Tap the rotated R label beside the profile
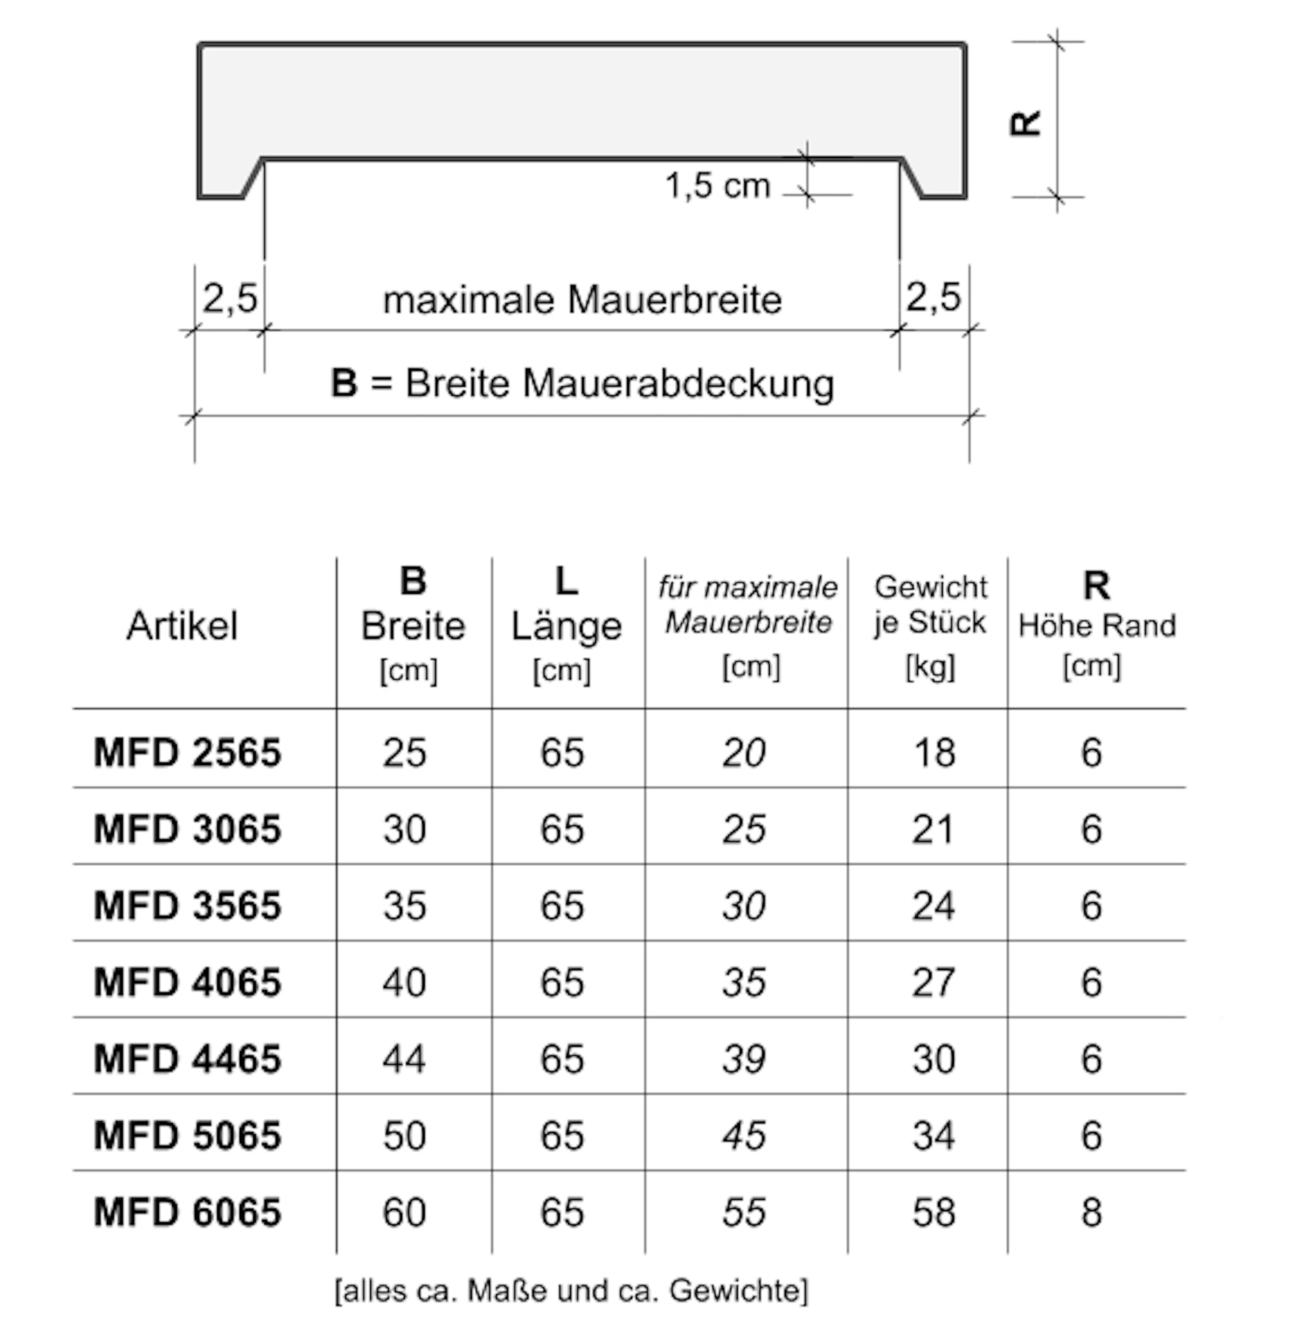(x=1025, y=123)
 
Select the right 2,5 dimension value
(x=933, y=297)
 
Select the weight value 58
(x=933, y=1212)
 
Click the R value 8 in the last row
(x=1091, y=1212)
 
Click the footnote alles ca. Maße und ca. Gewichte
(x=571, y=1291)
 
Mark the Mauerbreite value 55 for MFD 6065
(x=744, y=1212)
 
